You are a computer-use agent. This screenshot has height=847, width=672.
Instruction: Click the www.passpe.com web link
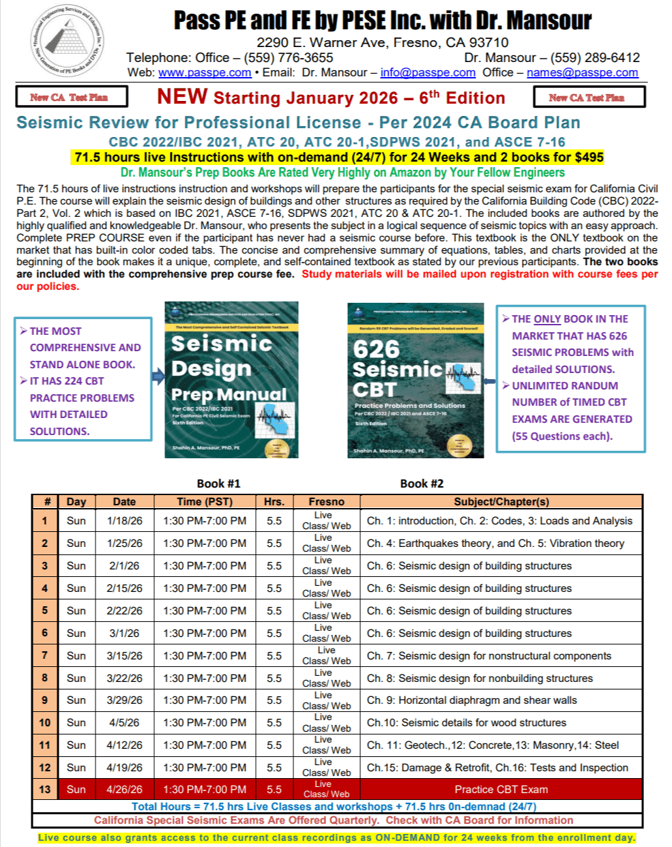205,72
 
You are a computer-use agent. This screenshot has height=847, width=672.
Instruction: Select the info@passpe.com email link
428,72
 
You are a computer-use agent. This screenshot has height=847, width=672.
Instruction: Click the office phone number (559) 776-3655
289,58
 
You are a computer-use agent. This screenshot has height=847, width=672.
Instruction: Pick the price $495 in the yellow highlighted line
589,158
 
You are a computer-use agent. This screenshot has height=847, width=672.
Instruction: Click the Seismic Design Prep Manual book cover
231,380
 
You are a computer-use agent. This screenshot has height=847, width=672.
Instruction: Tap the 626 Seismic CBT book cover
415,380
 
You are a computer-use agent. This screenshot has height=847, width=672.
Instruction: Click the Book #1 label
218,484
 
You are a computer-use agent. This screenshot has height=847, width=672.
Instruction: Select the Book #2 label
422,484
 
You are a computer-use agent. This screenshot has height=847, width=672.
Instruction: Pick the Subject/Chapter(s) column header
501,502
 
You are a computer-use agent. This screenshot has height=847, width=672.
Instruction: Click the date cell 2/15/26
124,588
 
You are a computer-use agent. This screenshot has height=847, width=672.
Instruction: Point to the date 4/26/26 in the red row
124,789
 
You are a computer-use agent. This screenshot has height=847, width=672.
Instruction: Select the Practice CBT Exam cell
501,789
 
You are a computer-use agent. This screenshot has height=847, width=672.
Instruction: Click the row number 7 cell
45,655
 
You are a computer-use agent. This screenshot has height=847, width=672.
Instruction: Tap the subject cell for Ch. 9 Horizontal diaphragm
472,700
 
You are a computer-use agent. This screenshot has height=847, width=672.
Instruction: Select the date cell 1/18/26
124,521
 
